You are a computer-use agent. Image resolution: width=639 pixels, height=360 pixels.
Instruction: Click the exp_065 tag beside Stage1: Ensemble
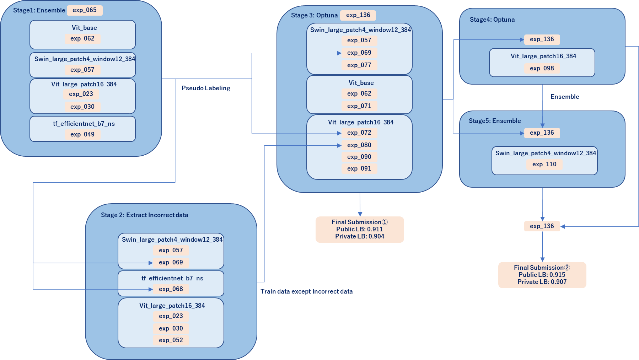85,10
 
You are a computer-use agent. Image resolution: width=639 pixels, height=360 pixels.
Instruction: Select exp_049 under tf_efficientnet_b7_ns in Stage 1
82,134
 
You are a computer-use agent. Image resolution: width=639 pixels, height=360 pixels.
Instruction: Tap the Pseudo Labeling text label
206,88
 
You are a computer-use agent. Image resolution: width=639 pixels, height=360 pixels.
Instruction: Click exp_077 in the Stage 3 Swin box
359,65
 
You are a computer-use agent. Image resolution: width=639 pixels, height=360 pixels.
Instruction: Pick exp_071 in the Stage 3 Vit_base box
359,106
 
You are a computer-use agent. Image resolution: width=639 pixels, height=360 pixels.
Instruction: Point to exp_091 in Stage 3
359,168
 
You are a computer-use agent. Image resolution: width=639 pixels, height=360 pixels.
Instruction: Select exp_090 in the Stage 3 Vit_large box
359,157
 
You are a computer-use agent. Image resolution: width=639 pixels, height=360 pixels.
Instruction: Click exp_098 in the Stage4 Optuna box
542,68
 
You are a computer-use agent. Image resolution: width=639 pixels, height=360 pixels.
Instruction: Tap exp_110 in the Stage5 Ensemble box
544,164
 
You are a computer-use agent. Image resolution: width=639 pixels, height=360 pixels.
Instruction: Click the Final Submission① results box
360,230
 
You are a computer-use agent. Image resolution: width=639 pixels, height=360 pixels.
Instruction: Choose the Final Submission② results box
542,275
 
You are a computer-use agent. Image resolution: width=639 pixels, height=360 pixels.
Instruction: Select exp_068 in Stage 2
171,289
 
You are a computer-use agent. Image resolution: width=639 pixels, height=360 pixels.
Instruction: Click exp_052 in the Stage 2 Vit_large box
171,340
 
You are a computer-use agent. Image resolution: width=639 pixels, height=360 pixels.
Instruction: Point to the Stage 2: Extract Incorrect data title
144,215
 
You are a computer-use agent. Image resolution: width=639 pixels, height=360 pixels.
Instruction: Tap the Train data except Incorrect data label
306,291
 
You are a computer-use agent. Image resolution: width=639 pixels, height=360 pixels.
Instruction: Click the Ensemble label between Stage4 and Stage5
565,97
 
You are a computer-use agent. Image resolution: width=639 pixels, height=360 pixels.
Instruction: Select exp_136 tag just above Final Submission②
542,226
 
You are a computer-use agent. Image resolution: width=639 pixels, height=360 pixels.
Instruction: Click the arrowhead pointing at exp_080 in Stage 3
339,145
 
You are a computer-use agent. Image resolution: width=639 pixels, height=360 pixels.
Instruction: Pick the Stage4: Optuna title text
492,20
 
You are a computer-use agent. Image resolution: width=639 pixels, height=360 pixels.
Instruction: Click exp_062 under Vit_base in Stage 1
82,38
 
